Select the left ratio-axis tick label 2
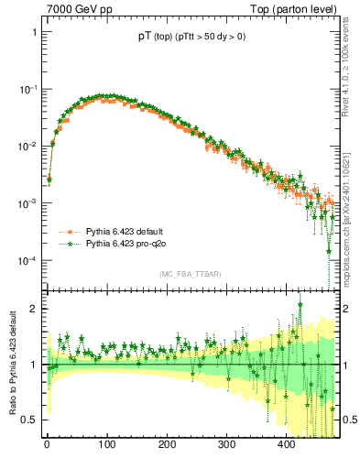coord(33,309)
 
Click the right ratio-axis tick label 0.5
coord(350,420)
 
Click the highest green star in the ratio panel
coord(300,305)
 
